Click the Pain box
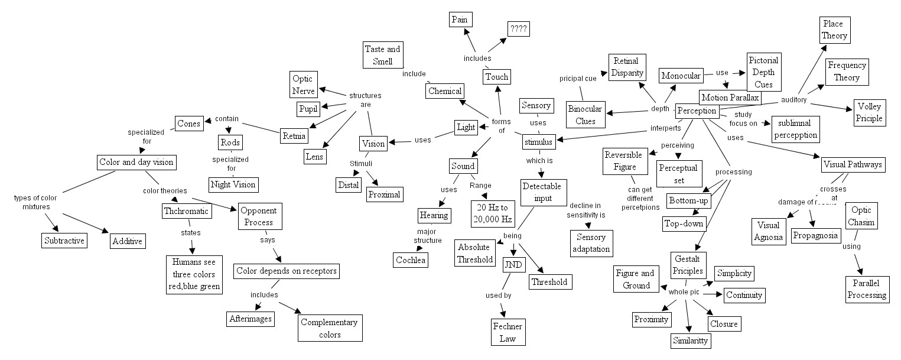click(459, 20)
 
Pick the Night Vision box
click(233, 184)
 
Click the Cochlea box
click(410, 260)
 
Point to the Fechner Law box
click(507, 332)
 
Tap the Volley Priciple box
click(869, 113)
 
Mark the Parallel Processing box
click(866, 289)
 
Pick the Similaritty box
click(691, 341)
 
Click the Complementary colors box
click(329, 328)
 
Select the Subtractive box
click(64, 241)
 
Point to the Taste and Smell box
click(382, 55)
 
